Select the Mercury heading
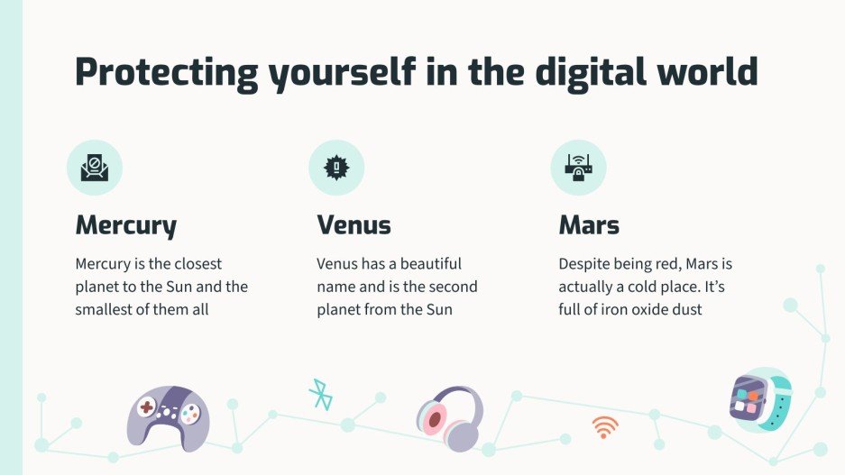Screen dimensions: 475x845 click(125, 224)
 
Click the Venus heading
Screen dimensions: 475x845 click(354, 224)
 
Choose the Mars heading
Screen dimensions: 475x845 click(589, 224)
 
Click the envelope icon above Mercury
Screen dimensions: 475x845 click(94, 168)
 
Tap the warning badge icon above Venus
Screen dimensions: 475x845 click(336, 168)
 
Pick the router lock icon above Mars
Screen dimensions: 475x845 click(578, 167)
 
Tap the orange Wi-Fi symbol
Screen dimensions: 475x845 click(605, 426)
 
